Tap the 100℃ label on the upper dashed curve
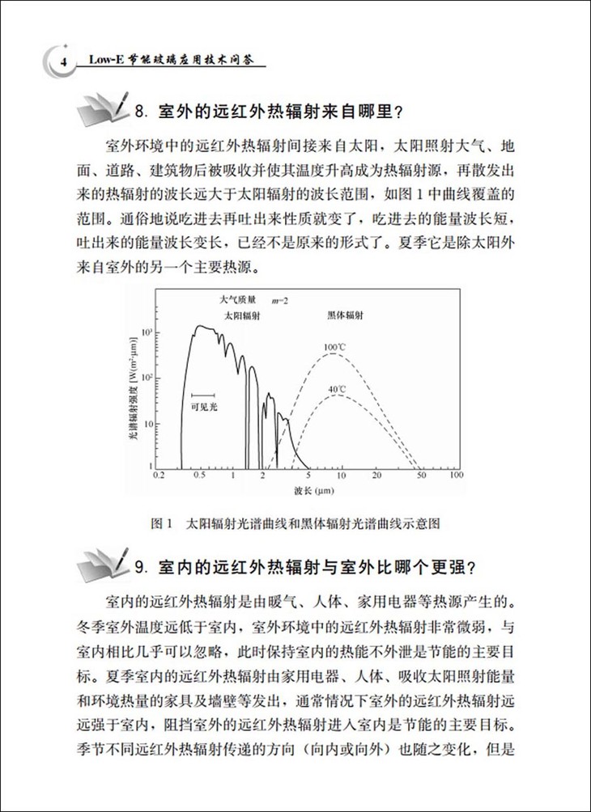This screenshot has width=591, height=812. [x=336, y=349]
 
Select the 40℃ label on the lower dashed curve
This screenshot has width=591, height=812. [x=338, y=389]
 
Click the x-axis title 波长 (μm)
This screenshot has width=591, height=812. [x=306, y=492]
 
